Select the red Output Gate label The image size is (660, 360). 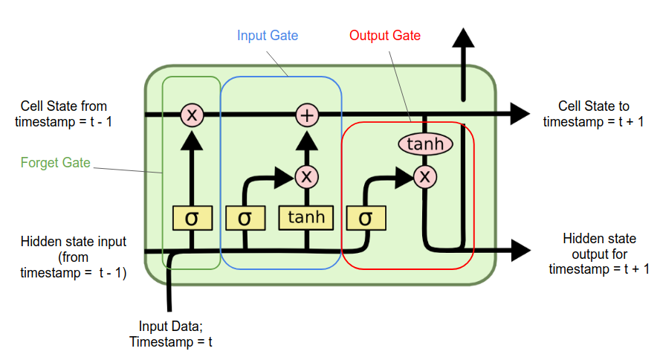(384, 36)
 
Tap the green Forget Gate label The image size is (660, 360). (56, 162)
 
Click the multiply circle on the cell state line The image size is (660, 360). (192, 115)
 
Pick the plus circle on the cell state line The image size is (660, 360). (307, 115)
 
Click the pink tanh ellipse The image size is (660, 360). (425, 144)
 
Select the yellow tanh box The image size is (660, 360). (306, 219)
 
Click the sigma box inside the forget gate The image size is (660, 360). (192, 219)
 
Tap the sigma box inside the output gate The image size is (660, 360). (365, 219)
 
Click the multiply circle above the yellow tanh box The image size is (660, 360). (306, 176)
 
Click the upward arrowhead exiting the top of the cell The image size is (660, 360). (464, 39)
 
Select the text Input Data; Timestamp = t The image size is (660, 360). (170, 334)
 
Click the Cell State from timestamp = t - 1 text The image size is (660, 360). (65, 113)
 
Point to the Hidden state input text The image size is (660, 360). (73, 257)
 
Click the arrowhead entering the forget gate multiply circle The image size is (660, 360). (192, 138)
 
